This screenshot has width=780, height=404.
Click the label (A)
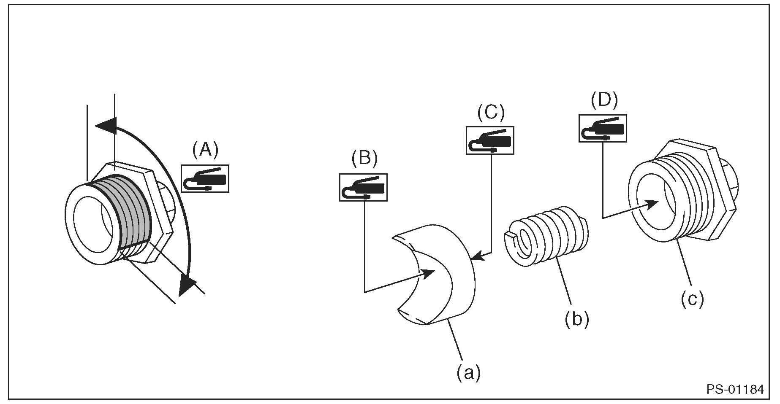point(205,150)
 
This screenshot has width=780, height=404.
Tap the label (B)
point(364,158)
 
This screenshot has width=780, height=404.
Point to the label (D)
point(603,101)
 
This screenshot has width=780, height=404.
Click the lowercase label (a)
point(468,373)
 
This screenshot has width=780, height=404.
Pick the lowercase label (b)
point(576,319)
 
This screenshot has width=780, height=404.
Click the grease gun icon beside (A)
point(205,179)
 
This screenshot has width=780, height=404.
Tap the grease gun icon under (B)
point(363,187)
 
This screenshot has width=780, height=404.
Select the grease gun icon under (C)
point(490,140)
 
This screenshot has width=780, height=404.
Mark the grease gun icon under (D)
point(602,128)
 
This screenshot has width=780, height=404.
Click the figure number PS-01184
point(735,389)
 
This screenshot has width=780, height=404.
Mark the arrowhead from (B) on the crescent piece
point(428,273)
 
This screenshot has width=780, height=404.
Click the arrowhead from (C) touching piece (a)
point(477,257)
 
